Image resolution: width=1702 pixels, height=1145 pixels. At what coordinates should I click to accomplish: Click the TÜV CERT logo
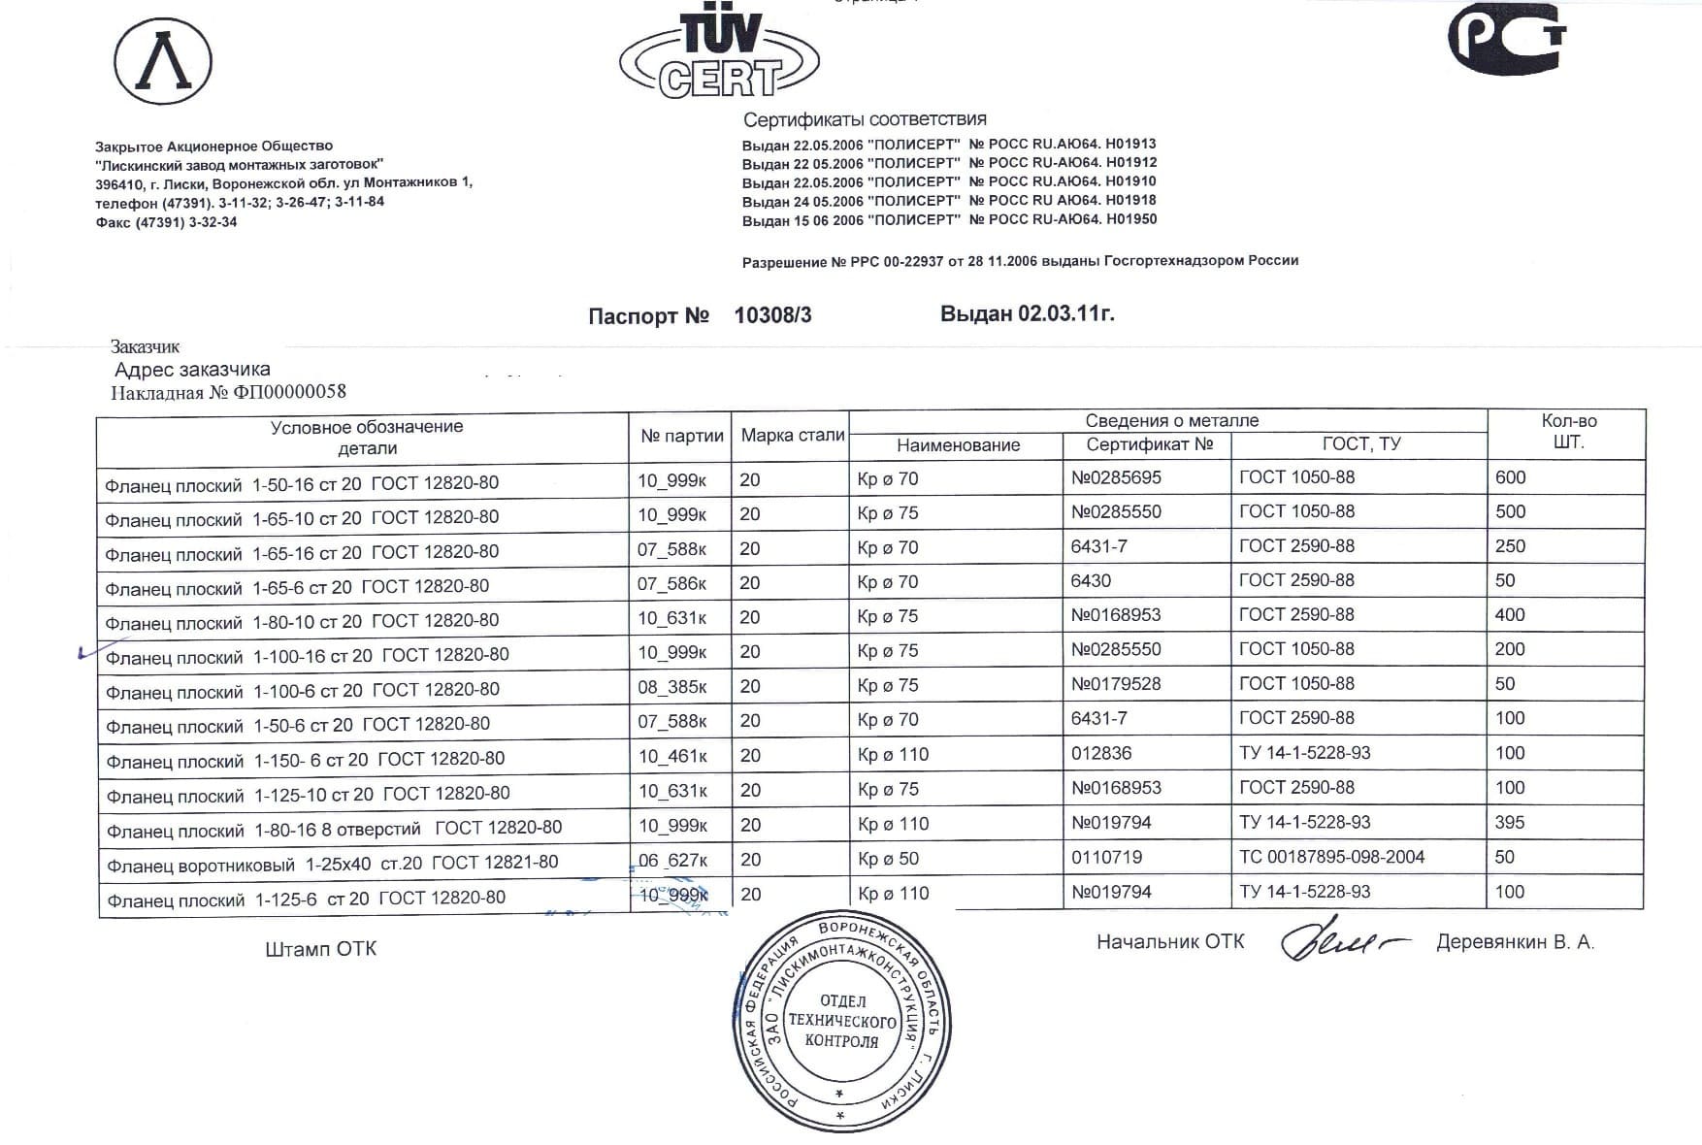[x=719, y=56]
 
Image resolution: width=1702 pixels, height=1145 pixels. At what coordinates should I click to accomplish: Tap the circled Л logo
[x=163, y=61]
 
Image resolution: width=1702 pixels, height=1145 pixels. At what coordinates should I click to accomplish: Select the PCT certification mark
[x=1506, y=39]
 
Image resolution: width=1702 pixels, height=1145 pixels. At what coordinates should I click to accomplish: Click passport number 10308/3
[x=772, y=315]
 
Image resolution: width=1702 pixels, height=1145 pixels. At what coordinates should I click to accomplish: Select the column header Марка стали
[x=792, y=436]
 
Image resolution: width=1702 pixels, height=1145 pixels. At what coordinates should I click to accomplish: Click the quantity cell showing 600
[x=1510, y=477]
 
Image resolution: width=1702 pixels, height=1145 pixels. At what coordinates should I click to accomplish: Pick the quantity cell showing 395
[x=1510, y=822]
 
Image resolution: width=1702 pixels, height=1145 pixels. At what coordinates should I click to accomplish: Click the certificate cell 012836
[x=1100, y=753]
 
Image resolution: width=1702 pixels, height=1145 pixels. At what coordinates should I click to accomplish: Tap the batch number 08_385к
[x=671, y=687]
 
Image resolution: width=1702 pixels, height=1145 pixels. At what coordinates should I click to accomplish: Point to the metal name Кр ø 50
[x=888, y=859]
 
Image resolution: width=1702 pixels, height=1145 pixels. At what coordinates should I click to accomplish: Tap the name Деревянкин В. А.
[x=1514, y=942]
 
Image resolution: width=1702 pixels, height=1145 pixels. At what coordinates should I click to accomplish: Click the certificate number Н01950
[x=1131, y=219]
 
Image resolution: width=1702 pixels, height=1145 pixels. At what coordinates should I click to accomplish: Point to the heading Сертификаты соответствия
[x=865, y=119]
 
